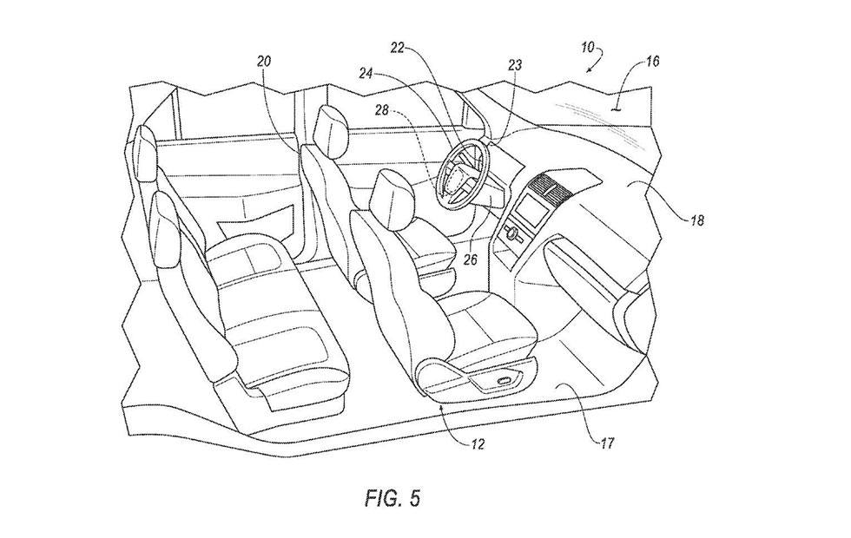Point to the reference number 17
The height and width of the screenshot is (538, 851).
pyautogui.click(x=607, y=443)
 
